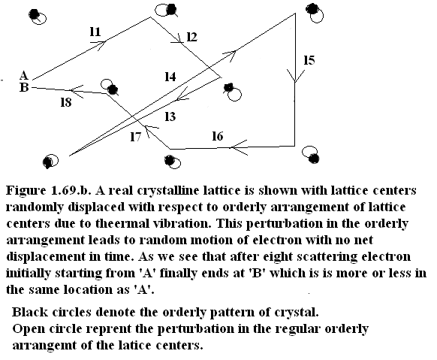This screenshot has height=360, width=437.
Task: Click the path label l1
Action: (95, 32)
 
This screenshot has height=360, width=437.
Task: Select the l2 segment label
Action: (191, 37)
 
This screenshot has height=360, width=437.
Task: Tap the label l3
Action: (170, 116)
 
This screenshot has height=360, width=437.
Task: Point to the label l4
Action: (170, 77)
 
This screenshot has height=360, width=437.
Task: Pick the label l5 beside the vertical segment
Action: (309, 60)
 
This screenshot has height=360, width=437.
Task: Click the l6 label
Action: (218, 136)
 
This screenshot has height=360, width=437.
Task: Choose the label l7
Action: (136, 136)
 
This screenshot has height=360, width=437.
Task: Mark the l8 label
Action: (66, 102)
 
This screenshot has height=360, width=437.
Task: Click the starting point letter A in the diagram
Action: (24, 75)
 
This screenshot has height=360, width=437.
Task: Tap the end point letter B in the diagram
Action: (24, 87)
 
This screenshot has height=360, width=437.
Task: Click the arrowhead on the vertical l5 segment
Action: (295, 76)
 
